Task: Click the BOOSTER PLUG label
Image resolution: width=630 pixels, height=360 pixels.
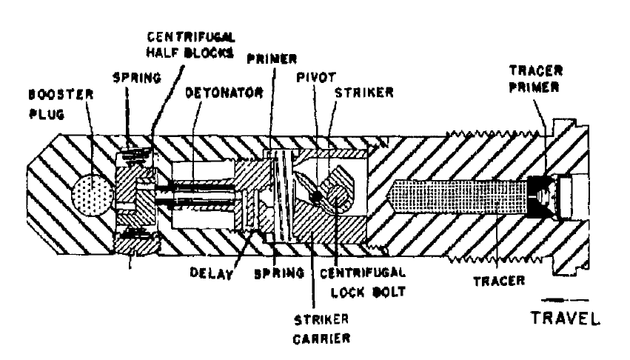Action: [61, 104]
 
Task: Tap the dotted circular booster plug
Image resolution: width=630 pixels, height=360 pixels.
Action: [92, 196]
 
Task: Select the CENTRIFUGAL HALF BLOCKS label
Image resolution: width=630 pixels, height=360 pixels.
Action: [190, 44]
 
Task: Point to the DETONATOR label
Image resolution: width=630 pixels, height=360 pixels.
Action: [224, 93]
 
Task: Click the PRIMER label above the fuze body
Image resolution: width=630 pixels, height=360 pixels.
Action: [272, 59]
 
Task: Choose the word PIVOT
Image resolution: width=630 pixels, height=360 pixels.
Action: [316, 77]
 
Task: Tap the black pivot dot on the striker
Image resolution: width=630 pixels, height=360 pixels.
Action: [317, 197]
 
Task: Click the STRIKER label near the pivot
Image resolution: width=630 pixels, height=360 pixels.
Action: [364, 93]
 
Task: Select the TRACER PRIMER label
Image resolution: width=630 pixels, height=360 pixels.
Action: [535, 79]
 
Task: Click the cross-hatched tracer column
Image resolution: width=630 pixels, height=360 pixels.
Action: [458, 197]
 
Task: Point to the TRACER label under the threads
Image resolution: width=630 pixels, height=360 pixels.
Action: [499, 281]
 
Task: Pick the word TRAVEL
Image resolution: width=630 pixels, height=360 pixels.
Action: [566, 319]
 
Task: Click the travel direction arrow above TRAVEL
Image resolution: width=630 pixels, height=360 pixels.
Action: [564, 300]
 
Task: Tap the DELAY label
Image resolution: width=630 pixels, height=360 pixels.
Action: [211, 273]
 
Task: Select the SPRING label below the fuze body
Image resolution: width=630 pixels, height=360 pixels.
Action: [279, 273]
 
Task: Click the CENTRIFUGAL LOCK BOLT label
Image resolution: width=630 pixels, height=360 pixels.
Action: [363, 282]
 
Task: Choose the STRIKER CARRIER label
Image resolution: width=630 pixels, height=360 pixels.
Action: [321, 330]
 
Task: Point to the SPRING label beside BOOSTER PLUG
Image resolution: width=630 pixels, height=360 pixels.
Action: [137, 77]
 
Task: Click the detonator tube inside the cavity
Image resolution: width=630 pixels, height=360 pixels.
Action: [201, 194]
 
